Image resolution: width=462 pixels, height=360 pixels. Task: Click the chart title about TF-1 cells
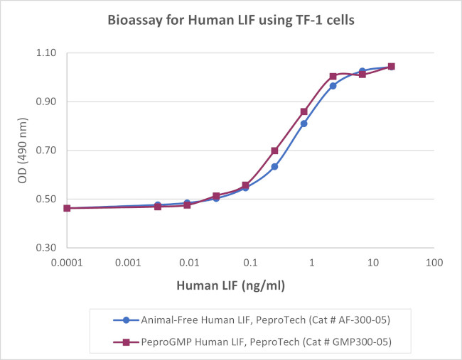[x=231, y=19]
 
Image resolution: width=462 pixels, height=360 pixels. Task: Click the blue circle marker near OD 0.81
[x=303, y=124]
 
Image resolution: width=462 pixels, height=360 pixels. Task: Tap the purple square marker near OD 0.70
[x=274, y=151]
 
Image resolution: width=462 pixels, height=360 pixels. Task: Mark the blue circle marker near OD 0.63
[x=274, y=167]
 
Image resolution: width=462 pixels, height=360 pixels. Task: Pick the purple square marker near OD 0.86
[x=303, y=111]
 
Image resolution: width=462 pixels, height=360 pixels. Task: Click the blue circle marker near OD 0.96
[x=333, y=86]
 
